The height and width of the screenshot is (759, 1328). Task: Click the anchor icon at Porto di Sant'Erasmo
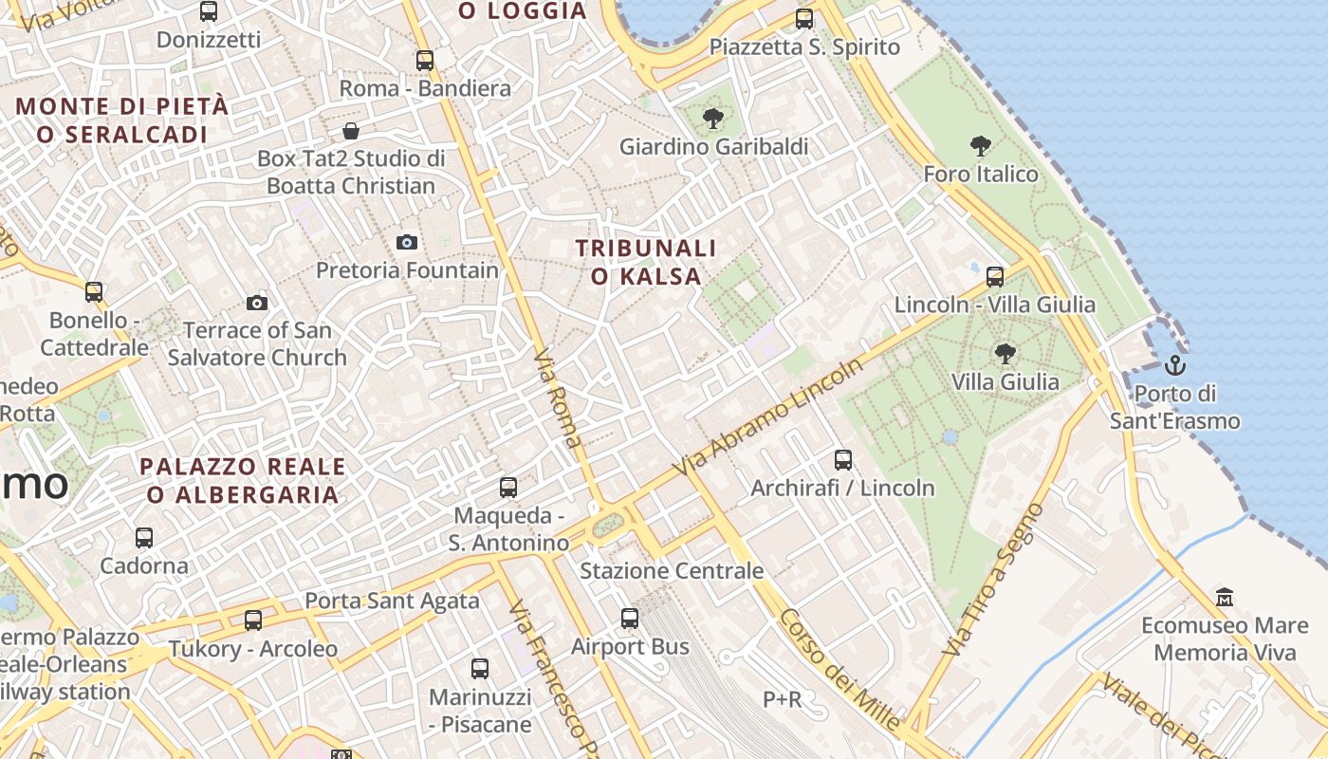(1175, 364)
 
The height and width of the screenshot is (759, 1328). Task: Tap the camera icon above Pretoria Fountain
(407, 242)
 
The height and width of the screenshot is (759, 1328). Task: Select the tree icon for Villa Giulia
(1005, 354)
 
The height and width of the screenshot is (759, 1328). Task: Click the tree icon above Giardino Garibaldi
(712, 119)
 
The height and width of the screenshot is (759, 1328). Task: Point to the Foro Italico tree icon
(981, 146)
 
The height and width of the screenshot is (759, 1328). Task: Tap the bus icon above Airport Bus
(630, 619)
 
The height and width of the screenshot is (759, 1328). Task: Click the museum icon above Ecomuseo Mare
(1225, 598)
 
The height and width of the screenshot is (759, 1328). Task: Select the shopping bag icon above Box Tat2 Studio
(351, 131)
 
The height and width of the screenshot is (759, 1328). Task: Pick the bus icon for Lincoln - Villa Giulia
(994, 277)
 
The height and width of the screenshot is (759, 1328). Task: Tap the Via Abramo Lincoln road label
(767, 417)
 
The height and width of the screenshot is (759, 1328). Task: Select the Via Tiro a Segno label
(993, 581)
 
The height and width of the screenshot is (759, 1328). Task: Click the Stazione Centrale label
(672, 571)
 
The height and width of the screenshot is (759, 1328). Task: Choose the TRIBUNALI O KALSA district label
(646, 262)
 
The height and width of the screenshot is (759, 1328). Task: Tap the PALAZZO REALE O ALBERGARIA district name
(243, 480)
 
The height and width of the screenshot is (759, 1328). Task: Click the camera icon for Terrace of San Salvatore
(256, 304)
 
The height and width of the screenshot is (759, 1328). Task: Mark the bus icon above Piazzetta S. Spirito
(804, 18)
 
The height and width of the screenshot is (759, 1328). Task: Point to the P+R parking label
(783, 699)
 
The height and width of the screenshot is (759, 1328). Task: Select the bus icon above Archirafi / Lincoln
(843, 461)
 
